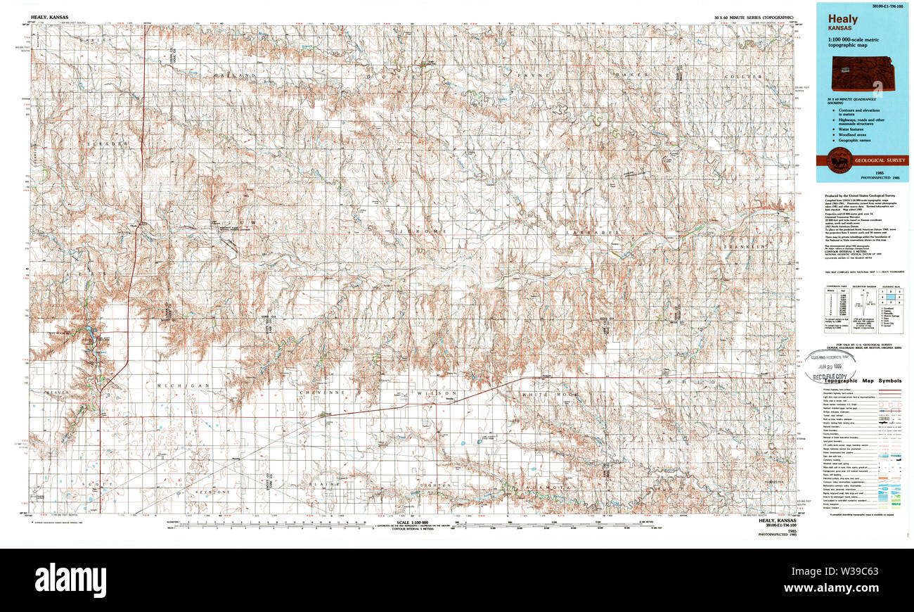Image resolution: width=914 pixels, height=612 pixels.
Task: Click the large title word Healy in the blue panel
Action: pos(842,20)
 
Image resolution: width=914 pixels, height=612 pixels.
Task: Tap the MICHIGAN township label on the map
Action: pos(173,386)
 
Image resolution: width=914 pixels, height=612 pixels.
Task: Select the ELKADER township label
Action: pos(107,144)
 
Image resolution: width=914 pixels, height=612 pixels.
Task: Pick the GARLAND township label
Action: pos(237,75)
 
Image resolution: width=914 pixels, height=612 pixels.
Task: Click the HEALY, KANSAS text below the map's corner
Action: pos(772,521)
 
